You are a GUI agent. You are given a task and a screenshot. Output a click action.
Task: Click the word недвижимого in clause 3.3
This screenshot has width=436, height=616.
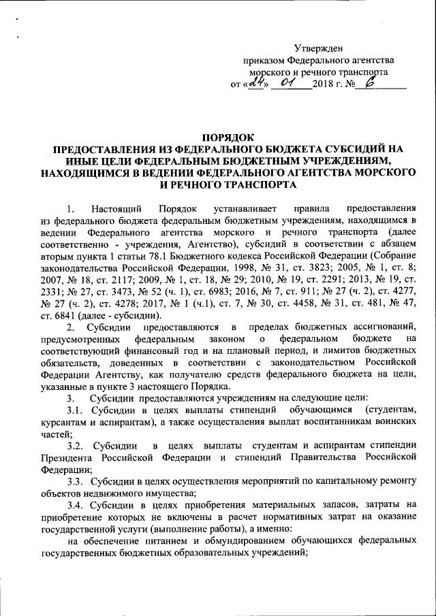tap(118, 493)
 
